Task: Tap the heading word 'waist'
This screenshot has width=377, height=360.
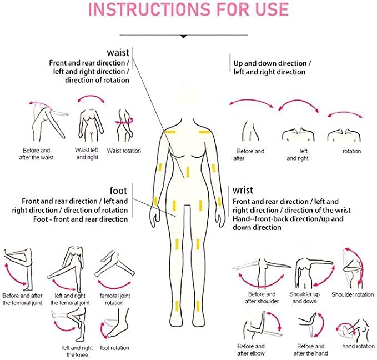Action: [x=118, y=52]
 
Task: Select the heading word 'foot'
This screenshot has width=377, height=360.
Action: [x=118, y=191]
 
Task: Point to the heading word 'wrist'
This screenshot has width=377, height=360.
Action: [x=243, y=190]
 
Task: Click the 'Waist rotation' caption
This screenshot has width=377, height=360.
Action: [x=124, y=151]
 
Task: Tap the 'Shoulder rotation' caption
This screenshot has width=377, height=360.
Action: [x=353, y=294]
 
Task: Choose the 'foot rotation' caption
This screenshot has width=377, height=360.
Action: [x=114, y=348]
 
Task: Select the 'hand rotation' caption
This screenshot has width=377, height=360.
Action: [x=358, y=346]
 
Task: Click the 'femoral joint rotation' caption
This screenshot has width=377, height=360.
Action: [x=115, y=299]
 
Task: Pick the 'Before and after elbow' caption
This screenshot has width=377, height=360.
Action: [x=251, y=349]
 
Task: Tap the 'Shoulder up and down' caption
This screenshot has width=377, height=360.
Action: [x=304, y=298]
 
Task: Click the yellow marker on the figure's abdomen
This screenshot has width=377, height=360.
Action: [x=188, y=172]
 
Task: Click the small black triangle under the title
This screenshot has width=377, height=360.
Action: [x=183, y=37]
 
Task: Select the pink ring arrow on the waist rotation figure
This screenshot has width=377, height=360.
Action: [x=124, y=122]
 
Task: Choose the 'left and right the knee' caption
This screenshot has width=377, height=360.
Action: [x=77, y=351]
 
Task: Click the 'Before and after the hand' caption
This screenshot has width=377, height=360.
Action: [x=310, y=349]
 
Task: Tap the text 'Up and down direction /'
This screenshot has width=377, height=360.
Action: [x=272, y=63]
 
